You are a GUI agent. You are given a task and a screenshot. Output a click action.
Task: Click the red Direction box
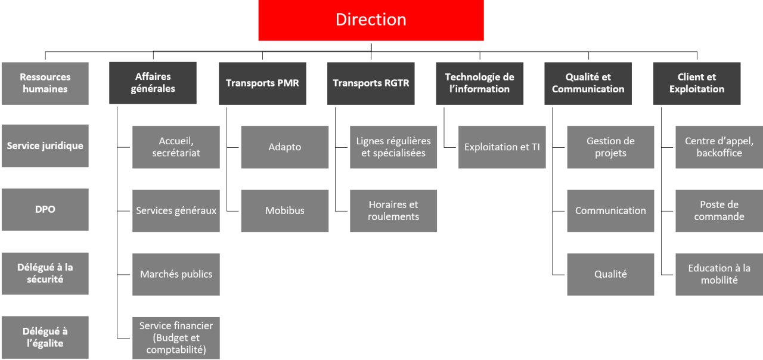(371, 20)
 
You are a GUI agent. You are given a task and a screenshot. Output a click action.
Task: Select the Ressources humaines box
(45, 83)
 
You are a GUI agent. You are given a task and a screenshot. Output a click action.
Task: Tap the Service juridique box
(45, 146)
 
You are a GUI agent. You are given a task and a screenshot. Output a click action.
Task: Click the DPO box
(45, 209)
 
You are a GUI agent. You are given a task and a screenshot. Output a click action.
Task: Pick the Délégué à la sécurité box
(45, 274)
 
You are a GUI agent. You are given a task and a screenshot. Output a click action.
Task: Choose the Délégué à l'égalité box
(45, 337)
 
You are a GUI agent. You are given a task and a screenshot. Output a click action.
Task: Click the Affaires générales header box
(153, 83)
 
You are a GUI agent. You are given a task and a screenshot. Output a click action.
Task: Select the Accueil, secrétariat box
(176, 147)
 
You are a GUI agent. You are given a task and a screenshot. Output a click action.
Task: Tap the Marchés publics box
(176, 275)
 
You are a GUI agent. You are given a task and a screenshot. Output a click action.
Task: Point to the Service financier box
(176, 338)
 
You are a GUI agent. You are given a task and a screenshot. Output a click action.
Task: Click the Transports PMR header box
(262, 83)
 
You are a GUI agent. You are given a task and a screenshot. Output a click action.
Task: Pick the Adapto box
(285, 147)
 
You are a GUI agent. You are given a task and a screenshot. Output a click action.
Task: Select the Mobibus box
(285, 211)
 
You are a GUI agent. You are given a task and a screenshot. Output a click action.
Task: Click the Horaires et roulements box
(393, 211)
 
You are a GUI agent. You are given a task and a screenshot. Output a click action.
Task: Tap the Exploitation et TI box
(502, 147)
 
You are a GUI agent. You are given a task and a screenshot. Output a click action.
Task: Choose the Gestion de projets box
(611, 147)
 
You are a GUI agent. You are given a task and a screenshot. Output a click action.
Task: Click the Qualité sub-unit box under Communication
(611, 275)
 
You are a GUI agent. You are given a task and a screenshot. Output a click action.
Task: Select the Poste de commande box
(719, 211)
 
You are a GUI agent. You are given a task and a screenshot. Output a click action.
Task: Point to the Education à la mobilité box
(719, 275)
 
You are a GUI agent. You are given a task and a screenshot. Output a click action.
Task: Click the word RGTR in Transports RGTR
(396, 83)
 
